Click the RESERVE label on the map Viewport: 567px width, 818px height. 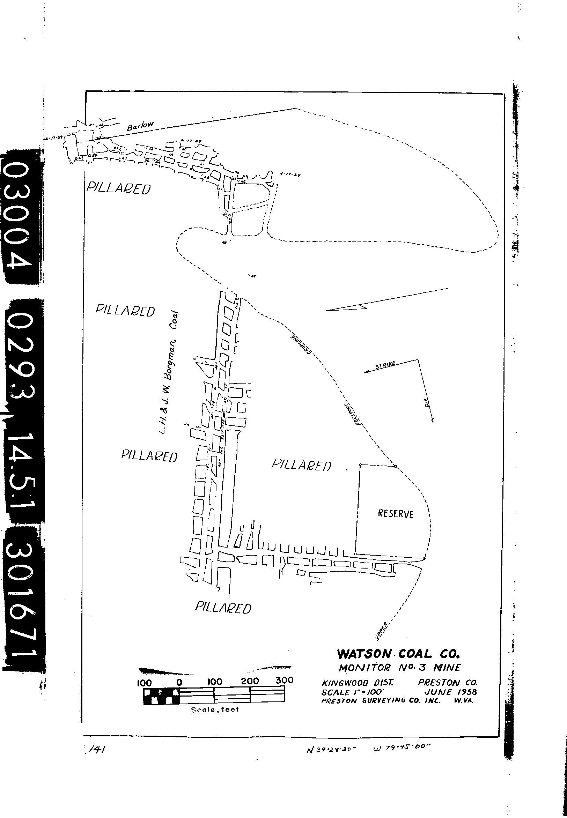pyautogui.click(x=396, y=514)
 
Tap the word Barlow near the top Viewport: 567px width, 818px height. pyautogui.click(x=140, y=126)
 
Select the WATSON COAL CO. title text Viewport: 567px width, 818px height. pyautogui.click(x=398, y=654)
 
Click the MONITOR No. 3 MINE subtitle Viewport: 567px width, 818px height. pyautogui.click(x=399, y=668)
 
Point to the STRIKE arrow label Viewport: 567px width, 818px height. pyautogui.click(x=385, y=365)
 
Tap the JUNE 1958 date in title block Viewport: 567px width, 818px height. pyautogui.click(x=450, y=692)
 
